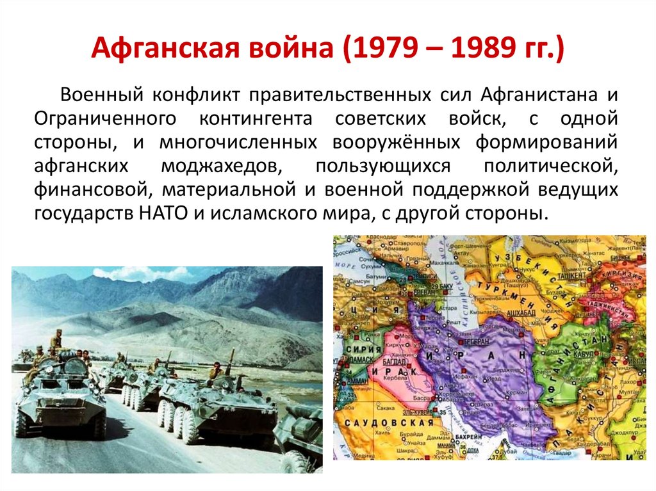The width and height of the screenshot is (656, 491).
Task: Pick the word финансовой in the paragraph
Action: (92, 189)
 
